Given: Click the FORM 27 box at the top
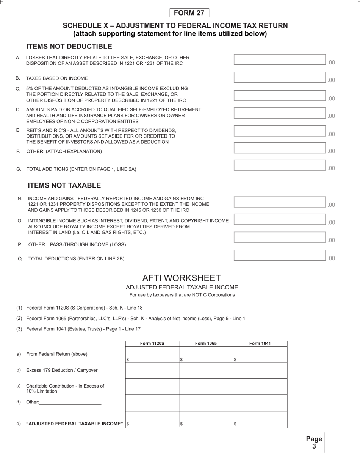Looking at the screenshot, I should pyautogui.click(x=189, y=13).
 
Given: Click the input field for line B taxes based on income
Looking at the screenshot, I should pyautogui.click(x=280, y=77).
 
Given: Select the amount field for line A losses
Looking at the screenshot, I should pyautogui.click(x=280, y=59).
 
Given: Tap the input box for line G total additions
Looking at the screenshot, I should pyautogui.click(x=280, y=165).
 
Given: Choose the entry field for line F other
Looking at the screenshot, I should pyautogui.click(x=280, y=148).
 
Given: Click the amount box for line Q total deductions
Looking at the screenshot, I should pyautogui.click(x=280, y=255).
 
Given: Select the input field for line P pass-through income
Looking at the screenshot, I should pyautogui.click(x=280, y=237).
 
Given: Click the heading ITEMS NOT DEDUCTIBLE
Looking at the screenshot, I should pyautogui.click(x=69, y=47).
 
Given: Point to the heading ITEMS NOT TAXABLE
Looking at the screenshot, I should pyautogui.click(x=64, y=185).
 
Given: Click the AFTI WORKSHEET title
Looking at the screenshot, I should pyautogui.click(x=181, y=278).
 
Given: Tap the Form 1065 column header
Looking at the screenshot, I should pyautogui.click(x=206, y=344).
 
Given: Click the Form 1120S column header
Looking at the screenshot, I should pyautogui.click(x=152, y=344).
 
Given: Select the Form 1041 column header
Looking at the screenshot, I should pyautogui.click(x=260, y=344).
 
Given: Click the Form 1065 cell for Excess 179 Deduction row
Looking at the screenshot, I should pyautogui.click(x=206, y=371).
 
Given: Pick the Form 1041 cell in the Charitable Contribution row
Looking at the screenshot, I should pyautogui.click(x=260, y=387).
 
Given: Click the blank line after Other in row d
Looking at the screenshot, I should pyautogui.click(x=70, y=402).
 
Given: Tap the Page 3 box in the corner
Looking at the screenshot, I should pyautogui.click(x=314, y=443).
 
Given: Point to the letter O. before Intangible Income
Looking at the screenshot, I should pyautogui.click(x=20, y=221).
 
